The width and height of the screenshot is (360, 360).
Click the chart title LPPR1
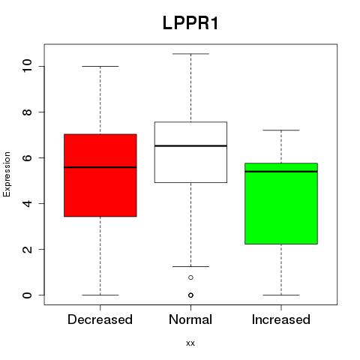[190, 23]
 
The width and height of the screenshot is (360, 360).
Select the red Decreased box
[100, 175]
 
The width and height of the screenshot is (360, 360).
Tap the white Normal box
[190, 152]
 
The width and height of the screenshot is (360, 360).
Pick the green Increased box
[281, 203]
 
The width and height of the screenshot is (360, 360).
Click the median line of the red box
[100, 167]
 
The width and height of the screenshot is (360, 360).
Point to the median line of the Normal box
[190, 145]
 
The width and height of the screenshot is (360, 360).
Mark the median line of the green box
[281, 172]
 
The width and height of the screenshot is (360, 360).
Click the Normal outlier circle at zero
[190, 295]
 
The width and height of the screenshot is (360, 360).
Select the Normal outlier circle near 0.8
[190, 277]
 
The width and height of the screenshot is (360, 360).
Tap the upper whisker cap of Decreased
[100, 66]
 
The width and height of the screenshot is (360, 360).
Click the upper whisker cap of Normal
[190, 54]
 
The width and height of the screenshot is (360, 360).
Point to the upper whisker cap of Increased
[281, 130]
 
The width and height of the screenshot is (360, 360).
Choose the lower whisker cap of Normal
[190, 266]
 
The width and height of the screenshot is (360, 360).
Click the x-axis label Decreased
[100, 319]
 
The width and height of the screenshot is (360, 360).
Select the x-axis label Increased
[281, 319]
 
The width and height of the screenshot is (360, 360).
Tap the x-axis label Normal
[190, 319]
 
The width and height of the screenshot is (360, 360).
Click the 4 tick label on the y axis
[28, 203]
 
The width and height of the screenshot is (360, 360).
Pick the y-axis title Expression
[7, 174]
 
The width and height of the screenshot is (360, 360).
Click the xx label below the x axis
[190, 343]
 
